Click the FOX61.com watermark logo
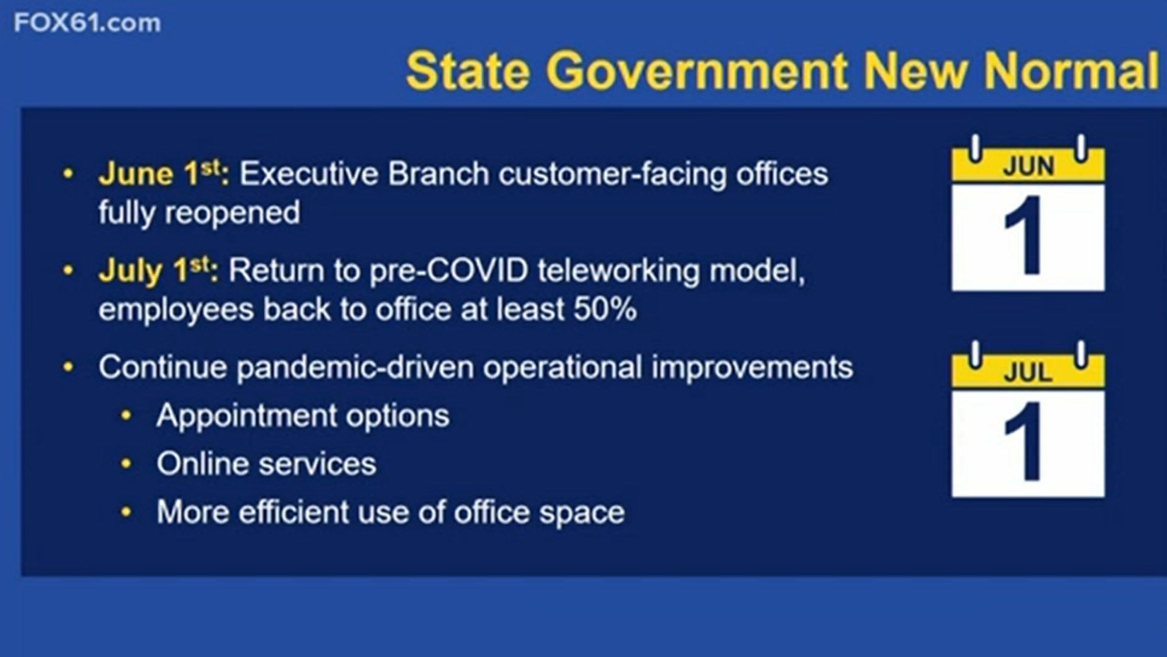pos(88,23)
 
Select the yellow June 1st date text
pos(164,173)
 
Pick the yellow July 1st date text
pos(158,270)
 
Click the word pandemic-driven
pos(355,368)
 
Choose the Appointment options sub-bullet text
pos(303,417)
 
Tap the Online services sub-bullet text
pos(266,464)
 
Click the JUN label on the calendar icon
pos(1028,166)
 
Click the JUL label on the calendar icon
pos(1028,372)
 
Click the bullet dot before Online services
pos(126,464)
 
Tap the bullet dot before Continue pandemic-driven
pos(68,367)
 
